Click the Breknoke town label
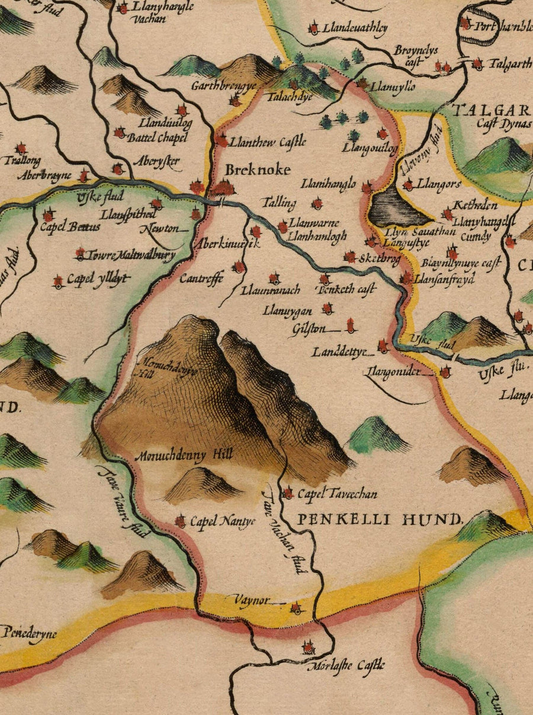pyautogui.click(x=258, y=170)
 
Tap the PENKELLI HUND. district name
pyautogui.click(x=379, y=521)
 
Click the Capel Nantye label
pyautogui.click(x=222, y=522)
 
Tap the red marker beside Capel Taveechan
pyautogui.click(x=288, y=493)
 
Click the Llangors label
pyautogui.click(x=439, y=184)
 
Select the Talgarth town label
pyautogui.click(x=510, y=65)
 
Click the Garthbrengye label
pyautogui.click(x=223, y=86)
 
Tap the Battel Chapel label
pyautogui.click(x=158, y=138)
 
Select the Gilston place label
pyautogui.click(x=309, y=328)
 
